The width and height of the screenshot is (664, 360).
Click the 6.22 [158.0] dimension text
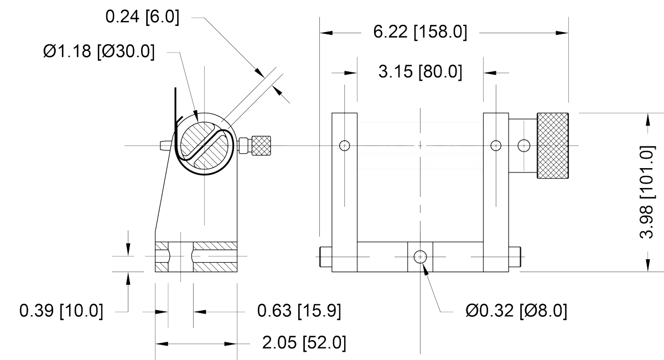pyautogui.click(x=420, y=32)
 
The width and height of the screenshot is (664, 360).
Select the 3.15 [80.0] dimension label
pyautogui.click(x=420, y=72)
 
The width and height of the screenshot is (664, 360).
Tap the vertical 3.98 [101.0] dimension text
pyautogui.click(x=646, y=192)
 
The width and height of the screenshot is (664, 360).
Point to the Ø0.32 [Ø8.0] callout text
pyautogui.click(x=516, y=311)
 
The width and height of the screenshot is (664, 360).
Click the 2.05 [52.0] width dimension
pyautogui.click(x=304, y=343)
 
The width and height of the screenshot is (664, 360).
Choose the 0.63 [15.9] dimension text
pyautogui.click(x=299, y=311)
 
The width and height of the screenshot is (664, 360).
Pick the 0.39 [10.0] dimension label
pyautogui.click(x=61, y=311)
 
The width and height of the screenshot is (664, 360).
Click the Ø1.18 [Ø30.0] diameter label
pyautogui.click(x=99, y=51)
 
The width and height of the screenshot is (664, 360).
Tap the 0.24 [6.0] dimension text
pyautogui.click(x=142, y=17)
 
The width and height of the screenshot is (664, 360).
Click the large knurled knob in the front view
pyautogui.click(x=553, y=145)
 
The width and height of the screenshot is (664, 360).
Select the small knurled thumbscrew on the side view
pyautogui.click(x=261, y=145)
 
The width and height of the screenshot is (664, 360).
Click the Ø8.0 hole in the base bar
pyautogui.click(x=420, y=257)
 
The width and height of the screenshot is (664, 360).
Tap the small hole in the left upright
pyautogui.click(x=344, y=145)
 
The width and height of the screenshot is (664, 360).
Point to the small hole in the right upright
pyautogui.click(x=496, y=145)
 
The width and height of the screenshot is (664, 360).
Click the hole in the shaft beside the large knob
pyautogui.click(x=524, y=145)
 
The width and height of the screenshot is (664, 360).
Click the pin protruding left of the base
pyautogui.click(x=325, y=257)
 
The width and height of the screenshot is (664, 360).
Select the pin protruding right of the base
pyautogui.click(x=515, y=257)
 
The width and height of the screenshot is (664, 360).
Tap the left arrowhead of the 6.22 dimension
pyautogui.click(x=326, y=33)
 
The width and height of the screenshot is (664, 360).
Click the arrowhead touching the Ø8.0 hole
pyautogui.click(x=426, y=269)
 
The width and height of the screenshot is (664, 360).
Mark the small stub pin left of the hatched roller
pyautogui.click(x=165, y=145)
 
